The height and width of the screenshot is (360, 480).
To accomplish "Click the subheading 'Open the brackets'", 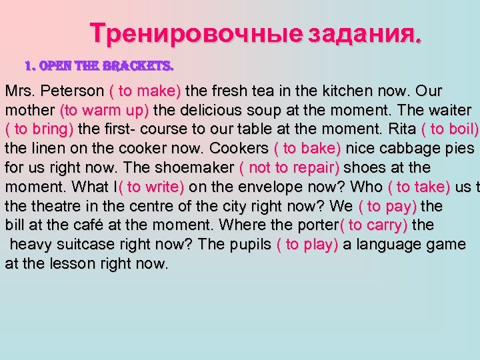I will [99, 66].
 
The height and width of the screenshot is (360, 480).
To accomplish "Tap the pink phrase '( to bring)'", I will [41, 129].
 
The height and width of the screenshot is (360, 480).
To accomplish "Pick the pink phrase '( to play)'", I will [307, 244].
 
